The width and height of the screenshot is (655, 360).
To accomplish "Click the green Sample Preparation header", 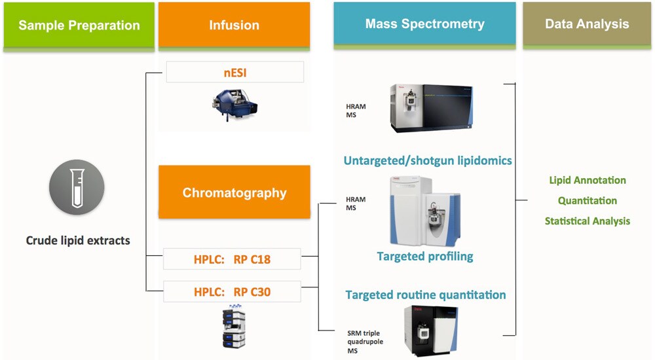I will (x=79, y=26).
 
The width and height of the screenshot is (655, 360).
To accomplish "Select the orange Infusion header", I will (x=234, y=26).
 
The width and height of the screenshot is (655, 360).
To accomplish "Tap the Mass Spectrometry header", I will (x=424, y=25).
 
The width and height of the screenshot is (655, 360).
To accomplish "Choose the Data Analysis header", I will (x=587, y=24).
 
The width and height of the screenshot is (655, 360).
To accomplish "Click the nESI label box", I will (x=234, y=72).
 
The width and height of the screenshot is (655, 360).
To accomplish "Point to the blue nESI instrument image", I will (x=234, y=104).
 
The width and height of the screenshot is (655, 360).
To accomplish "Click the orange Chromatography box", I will (x=234, y=192).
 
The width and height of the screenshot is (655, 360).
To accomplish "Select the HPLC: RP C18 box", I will (x=231, y=259).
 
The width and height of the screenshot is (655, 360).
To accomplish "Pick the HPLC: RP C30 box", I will (x=231, y=292).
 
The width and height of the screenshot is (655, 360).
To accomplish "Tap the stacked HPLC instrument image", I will (x=235, y=327).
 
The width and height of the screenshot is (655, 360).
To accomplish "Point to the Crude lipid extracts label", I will (x=78, y=240).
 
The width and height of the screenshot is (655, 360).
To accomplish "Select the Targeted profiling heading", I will (x=424, y=256).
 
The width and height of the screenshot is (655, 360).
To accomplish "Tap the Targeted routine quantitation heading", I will (x=425, y=295).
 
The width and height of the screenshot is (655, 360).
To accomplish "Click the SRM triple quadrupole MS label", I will (x=363, y=342).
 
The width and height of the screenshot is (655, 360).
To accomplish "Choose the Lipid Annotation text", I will (x=587, y=180).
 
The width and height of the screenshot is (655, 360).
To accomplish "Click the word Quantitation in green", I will (x=587, y=200).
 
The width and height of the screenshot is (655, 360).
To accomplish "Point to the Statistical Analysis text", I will (x=587, y=221).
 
